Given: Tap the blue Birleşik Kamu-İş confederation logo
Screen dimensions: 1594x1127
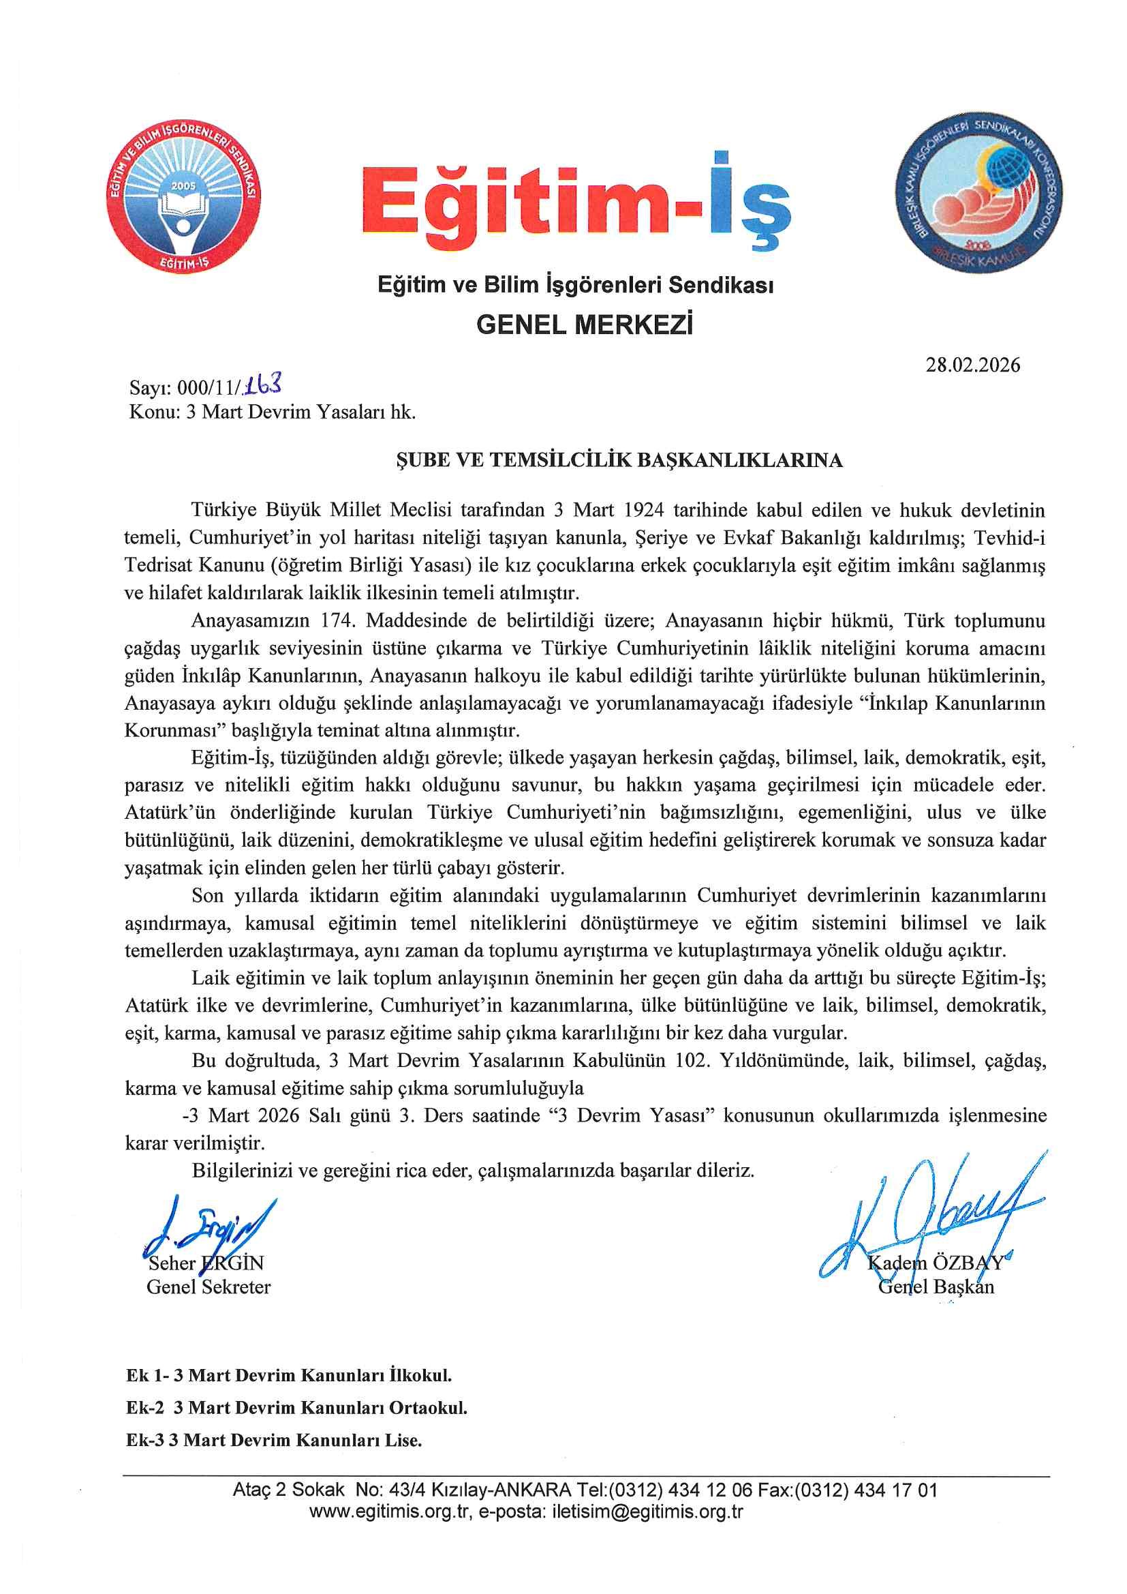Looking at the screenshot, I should pyautogui.click(x=978, y=193).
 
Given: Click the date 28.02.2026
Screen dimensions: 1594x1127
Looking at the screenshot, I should pyautogui.click(x=972, y=365).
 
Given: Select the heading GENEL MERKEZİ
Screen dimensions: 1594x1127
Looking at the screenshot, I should pyautogui.click(x=585, y=325).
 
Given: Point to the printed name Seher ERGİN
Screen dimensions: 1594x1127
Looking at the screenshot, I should pyautogui.click(x=206, y=1263).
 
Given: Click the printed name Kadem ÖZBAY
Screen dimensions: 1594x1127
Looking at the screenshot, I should pyautogui.click(x=935, y=1263).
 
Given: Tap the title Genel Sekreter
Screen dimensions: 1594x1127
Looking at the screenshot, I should pyautogui.click(x=209, y=1287).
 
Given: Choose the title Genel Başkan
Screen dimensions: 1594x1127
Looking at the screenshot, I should pyautogui.click(x=936, y=1287).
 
